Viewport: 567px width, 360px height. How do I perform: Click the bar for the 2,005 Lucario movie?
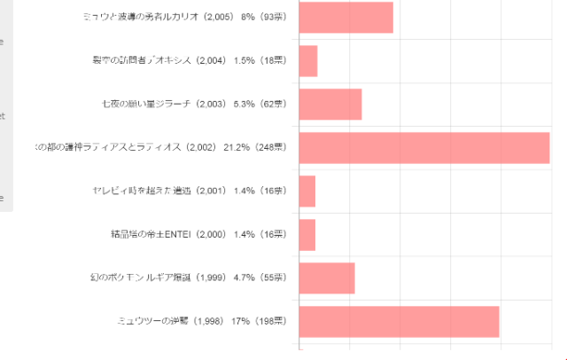point(346,18)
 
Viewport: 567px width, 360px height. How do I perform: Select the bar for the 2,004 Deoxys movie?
point(308,60)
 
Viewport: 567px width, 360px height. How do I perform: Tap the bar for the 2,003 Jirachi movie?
point(330,104)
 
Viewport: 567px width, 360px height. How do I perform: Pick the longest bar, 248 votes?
point(424,147)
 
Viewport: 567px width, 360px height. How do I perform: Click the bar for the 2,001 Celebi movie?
point(307,191)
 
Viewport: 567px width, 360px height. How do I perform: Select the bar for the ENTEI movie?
point(307,234)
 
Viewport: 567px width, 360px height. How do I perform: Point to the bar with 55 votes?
point(327,278)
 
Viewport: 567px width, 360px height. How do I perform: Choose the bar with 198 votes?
point(400,321)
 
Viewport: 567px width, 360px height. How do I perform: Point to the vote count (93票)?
point(271,18)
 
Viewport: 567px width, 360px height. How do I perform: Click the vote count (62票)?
point(271,104)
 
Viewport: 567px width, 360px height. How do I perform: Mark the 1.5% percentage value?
point(244,60)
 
